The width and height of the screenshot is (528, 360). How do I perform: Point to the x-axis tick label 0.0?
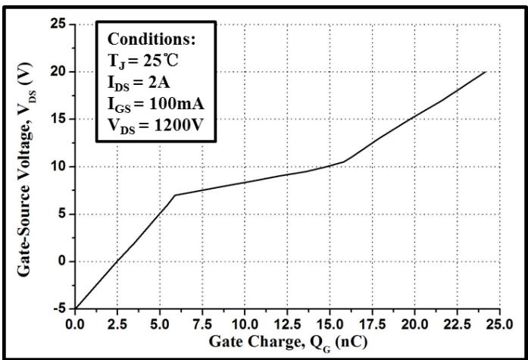click(75, 324)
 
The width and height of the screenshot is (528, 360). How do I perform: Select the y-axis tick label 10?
click(58, 167)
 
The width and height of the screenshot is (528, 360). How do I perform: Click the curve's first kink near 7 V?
click(175, 195)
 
